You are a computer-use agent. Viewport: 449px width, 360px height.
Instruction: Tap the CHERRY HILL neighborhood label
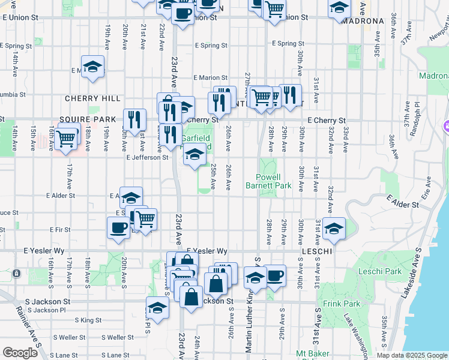[x=92, y=98]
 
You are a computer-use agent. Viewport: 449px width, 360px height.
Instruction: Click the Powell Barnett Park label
[x=268, y=181]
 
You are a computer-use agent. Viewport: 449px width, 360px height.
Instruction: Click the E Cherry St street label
[x=327, y=121]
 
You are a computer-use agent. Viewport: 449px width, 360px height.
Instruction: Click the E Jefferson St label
[x=146, y=158]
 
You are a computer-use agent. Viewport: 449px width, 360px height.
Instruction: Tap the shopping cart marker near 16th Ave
[x=66, y=138]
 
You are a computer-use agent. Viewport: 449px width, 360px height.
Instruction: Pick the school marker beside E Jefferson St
[x=194, y=155]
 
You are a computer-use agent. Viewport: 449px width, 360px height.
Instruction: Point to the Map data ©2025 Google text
[x=412, y=355]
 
